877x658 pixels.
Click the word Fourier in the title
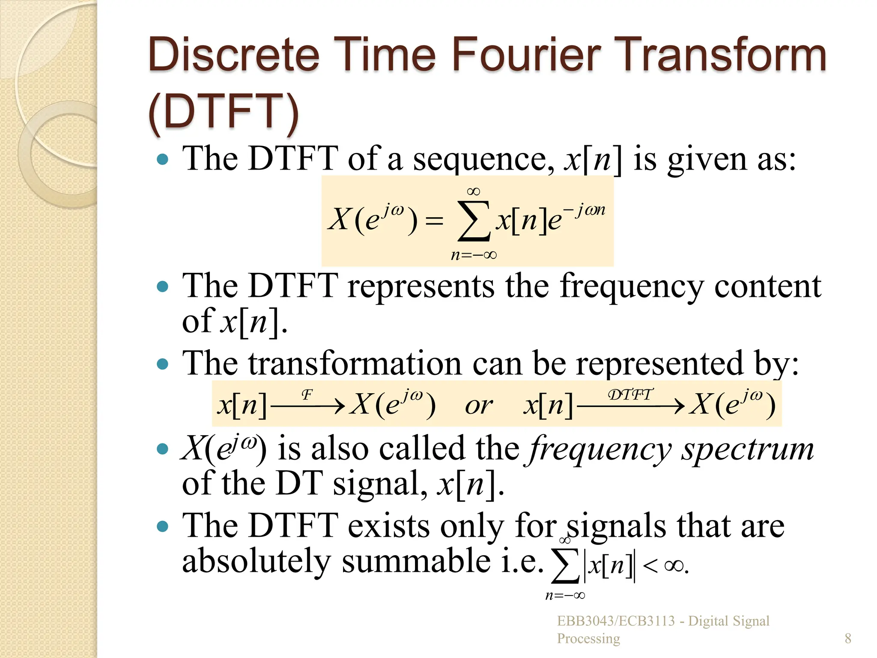pyautogui.click(x=526, y=55)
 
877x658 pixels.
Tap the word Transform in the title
pyautogui.click(x=723, y=55)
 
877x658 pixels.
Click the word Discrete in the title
pyautogui.click(x=234, y=55)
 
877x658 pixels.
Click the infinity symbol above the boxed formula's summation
pyautogui.click(x=474, y=191)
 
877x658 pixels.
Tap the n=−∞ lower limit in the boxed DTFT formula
pyautogui.click(x=474, y=255)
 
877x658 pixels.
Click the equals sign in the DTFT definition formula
pyautogui.click(x=434, y=221)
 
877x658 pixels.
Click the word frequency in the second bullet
pyautogui.click(x=632, y=287)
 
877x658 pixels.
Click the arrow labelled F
pyautogui.click(x=307, y=405)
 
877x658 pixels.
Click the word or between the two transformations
pyautogui.click(x=479, y=405)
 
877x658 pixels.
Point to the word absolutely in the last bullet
pyautogui.click(x=257, y=561)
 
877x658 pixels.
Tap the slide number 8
pyautogui.click(x=848, y=638)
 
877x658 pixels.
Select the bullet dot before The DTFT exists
pyautogui.click(x=163, y=526)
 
